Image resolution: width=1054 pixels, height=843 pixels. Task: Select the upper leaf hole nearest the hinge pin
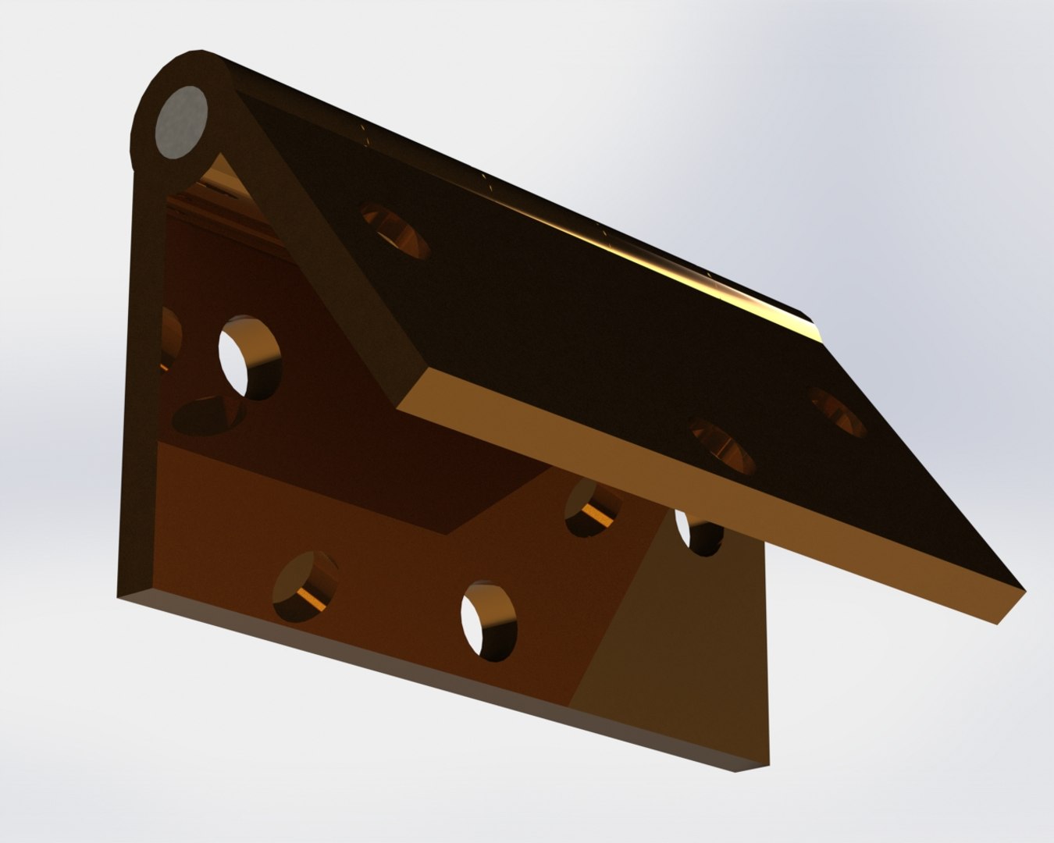(396, 231)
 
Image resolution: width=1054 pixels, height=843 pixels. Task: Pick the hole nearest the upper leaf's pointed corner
(839, 412)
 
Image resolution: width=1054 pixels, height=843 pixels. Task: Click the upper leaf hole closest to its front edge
(724, 447)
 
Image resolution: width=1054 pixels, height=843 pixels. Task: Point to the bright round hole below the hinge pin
(250, 357)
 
